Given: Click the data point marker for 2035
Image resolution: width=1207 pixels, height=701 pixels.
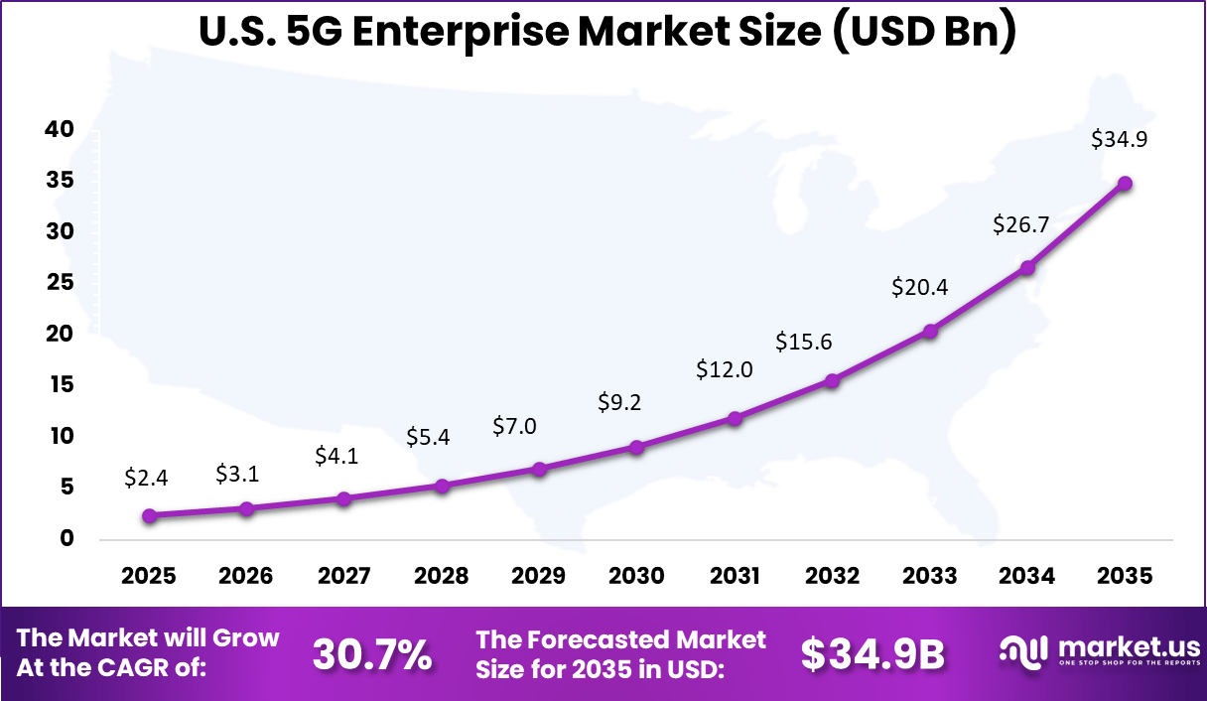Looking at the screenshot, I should pos(1125,184).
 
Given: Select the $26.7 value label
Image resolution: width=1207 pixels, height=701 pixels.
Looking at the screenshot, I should pos(1021,225).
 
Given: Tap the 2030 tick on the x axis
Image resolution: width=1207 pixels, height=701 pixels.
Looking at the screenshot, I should pos(636,577).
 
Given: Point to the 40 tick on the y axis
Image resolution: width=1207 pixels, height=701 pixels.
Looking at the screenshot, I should pos(59,129).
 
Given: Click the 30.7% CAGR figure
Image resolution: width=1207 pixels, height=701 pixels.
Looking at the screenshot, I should pos(372,654).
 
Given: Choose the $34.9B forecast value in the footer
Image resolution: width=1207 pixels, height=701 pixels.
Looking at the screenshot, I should pos(872,654).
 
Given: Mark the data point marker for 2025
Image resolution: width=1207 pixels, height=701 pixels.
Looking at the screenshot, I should pos(149,515).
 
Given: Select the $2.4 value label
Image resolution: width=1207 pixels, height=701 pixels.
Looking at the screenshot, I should pos(146,478).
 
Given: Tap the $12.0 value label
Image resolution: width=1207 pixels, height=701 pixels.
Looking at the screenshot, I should pos(725,370).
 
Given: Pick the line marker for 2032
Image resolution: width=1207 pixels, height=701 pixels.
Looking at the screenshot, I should pos(832,380).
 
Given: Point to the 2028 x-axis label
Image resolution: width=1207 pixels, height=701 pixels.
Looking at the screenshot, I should pos(442,577).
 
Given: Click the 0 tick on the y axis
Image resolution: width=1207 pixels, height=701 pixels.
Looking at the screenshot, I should pos(66,538).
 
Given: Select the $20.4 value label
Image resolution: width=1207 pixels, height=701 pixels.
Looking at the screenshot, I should pos(919,288).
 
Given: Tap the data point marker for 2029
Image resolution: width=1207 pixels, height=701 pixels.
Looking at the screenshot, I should pos(539,469).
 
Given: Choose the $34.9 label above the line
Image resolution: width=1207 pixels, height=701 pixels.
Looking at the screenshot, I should pos(1119,140).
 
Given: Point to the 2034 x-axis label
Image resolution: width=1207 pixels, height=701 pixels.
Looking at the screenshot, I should pos(1027,577).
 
